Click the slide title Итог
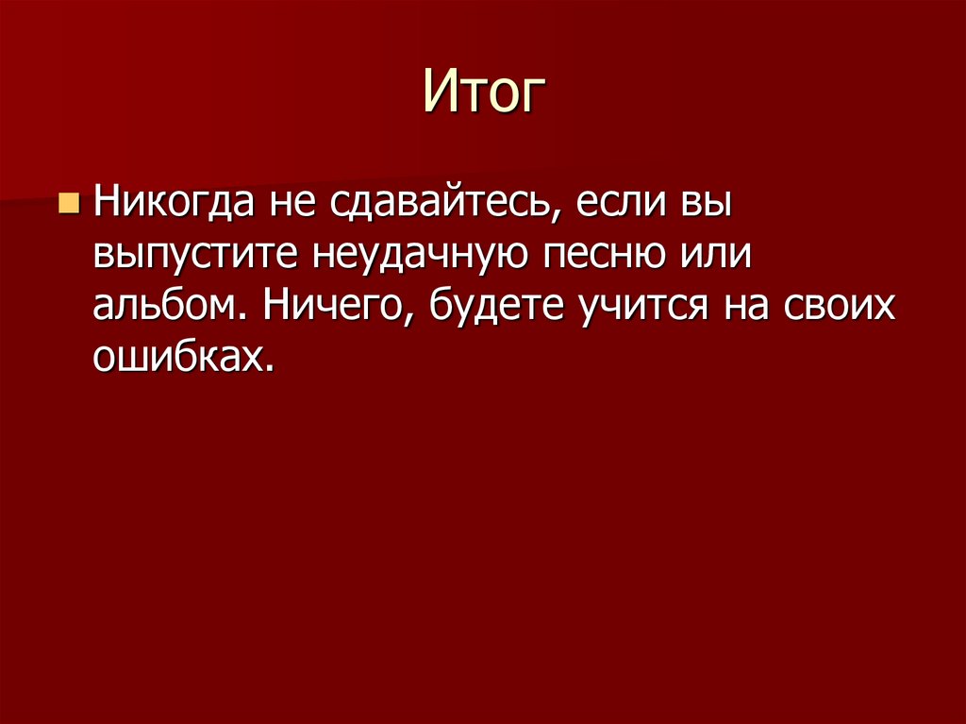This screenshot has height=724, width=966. point(484,93)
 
